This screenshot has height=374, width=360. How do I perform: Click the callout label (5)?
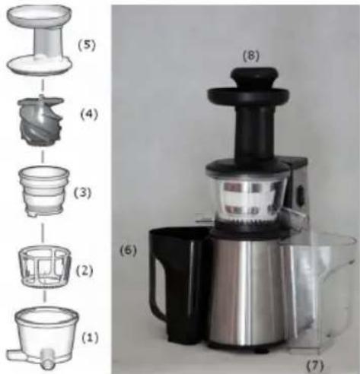point(87,46)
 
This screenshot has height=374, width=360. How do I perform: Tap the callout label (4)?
point(89,114)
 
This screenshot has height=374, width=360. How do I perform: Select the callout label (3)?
point(82,193)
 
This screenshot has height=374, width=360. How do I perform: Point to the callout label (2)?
point(84,271)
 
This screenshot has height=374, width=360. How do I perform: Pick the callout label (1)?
point(91,338)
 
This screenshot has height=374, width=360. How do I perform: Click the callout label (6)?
point(128,251)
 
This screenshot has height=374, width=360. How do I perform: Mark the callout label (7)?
point(315,365)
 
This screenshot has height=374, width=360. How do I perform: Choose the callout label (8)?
point(251,56)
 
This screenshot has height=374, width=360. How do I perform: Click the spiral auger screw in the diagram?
point(40,120)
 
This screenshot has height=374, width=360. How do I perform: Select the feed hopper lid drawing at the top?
point(40,40)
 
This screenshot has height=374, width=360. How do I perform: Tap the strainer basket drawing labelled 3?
point(44,191)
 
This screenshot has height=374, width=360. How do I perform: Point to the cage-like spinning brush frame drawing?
point(45,266)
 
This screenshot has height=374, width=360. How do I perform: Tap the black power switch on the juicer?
point(301,195)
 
